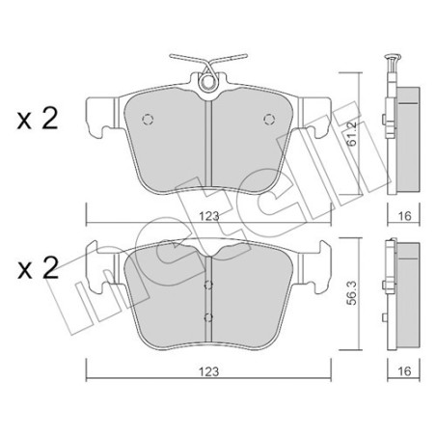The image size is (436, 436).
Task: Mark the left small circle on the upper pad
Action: click(x=148, y=120)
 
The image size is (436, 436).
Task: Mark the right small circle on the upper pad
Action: click(x=269, y=119)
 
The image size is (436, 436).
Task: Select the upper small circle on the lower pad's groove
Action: click(x=209, y=285)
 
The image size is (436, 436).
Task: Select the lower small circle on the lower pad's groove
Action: click(x=209, y=316)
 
